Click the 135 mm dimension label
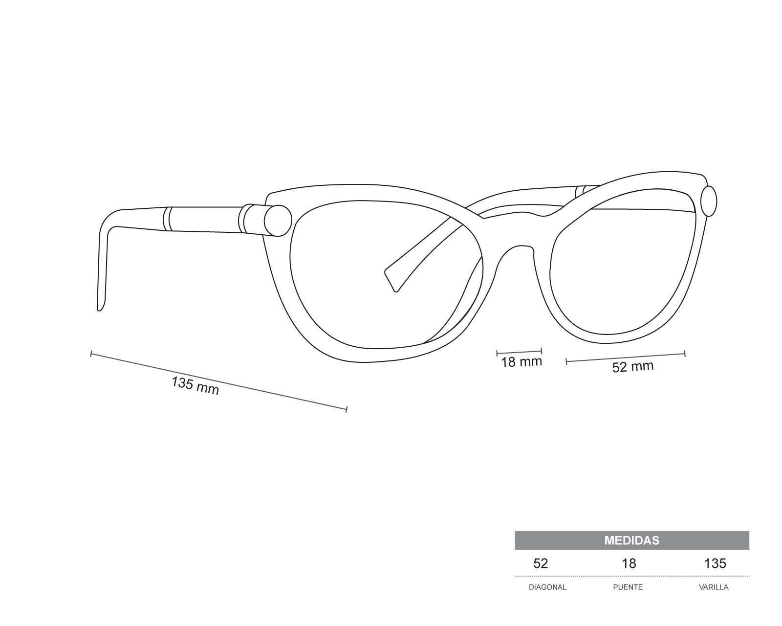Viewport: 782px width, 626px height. [x=195, y=386]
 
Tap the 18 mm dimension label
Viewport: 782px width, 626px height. [x=521, y=362]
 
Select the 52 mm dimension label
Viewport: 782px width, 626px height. [x=632, y=367]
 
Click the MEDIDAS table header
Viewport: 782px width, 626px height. [x=631, y=540]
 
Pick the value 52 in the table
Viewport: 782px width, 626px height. [x=541, y=563]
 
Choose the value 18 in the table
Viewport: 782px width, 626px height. [x=629, y=563]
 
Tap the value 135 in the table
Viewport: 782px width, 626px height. [x=715, y=563]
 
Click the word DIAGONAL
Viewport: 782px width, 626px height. [x=547, y=587]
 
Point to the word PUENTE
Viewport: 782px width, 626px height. [x=628, y=587]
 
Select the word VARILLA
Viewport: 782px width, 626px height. [x=714, y=587]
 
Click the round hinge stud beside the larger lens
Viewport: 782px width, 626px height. [x=278, y=221]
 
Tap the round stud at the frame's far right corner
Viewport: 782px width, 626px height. [x=709, y=201]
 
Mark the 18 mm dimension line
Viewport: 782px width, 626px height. [x=519, y=352]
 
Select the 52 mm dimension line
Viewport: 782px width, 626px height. [x=626, y=358]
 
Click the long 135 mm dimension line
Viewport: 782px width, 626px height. [x=219, y=381]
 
